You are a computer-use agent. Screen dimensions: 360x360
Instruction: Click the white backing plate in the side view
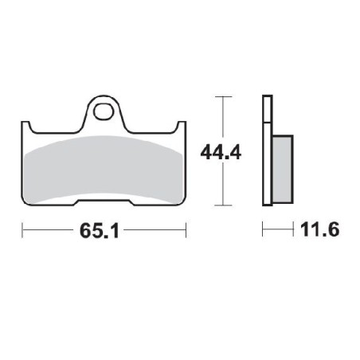coord(267,151)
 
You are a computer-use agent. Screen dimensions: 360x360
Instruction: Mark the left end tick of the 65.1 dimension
coord(22,232)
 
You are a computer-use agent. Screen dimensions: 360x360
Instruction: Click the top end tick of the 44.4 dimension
coord(224,96)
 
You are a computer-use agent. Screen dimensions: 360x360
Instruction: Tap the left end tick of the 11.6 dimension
coord(263,232)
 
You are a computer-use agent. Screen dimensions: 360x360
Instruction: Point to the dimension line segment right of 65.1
coord(159,232)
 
